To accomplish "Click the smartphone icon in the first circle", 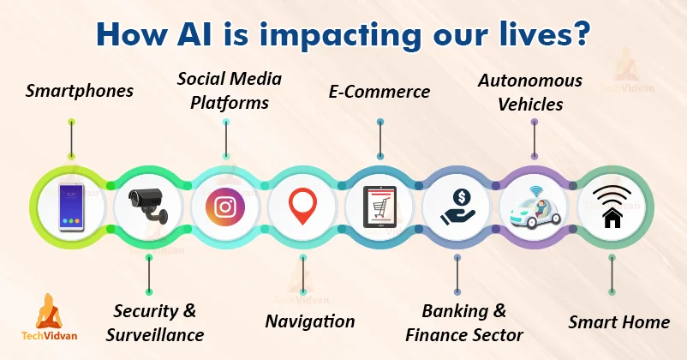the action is (x=71, y=207).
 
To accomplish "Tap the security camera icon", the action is (x=148, y=205).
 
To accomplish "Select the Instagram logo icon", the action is (x=225, y=207).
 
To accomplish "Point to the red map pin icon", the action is (x=302, y=206).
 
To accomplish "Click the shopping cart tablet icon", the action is (x=379, y=207).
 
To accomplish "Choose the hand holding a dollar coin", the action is (x=457, y=207).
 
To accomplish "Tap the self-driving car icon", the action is (x=535, y=207).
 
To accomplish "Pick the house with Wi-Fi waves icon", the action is (x=612, y=207).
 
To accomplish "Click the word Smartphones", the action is (x=80, y=91).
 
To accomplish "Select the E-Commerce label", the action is (x=379, y=92).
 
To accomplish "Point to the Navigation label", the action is (x=310, y=321).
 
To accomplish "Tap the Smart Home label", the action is (x=619, y=322).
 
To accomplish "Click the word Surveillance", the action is (x=155, y=335).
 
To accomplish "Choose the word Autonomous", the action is (x=530, y=81).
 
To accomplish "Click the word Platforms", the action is (x=230, y=104).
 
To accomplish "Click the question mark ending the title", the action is (x=582, y=33).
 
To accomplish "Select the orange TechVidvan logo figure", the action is (x=49, y=311).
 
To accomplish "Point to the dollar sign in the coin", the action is (x=462, y=197).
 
